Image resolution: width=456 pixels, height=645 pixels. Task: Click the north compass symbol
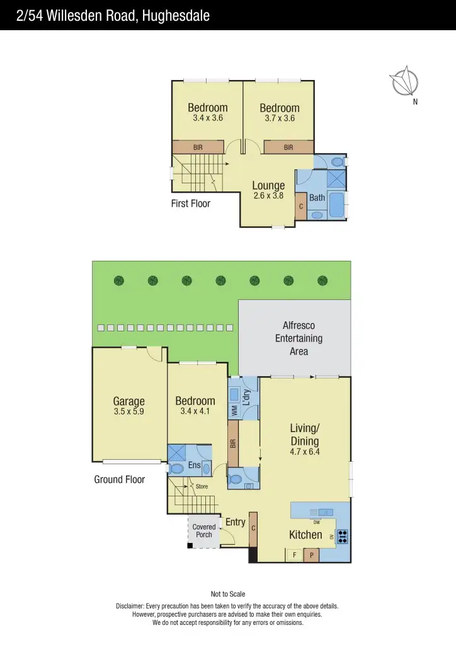coord(404,83)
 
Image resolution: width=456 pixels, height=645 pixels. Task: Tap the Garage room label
coord(128,401)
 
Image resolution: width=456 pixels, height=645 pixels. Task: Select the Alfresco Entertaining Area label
coord(299,338)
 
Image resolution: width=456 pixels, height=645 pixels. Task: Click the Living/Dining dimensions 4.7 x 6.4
coord(304,452)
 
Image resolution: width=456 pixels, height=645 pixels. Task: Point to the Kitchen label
coord(305,535)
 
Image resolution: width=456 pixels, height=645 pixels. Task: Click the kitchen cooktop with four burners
coord(343,536)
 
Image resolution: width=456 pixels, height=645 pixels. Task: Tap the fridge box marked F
coord(294,556)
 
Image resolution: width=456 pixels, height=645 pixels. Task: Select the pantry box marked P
coord(311,556)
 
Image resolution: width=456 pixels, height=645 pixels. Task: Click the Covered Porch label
coord(204,531)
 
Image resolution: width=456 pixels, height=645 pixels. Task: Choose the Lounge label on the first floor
coord(268,186)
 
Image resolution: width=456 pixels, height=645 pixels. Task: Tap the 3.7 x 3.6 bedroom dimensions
coord(280,118)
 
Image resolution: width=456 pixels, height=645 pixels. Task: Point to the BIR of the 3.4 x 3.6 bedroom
coord(198,147)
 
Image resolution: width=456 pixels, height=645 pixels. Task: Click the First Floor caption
coord(191,203)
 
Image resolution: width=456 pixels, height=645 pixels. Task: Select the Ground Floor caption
coord(120,479)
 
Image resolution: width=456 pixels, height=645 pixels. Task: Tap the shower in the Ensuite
coord(176,454)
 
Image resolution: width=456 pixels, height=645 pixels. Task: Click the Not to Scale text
coord(228,594)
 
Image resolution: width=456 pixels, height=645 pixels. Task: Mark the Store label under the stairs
coord(202,486)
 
